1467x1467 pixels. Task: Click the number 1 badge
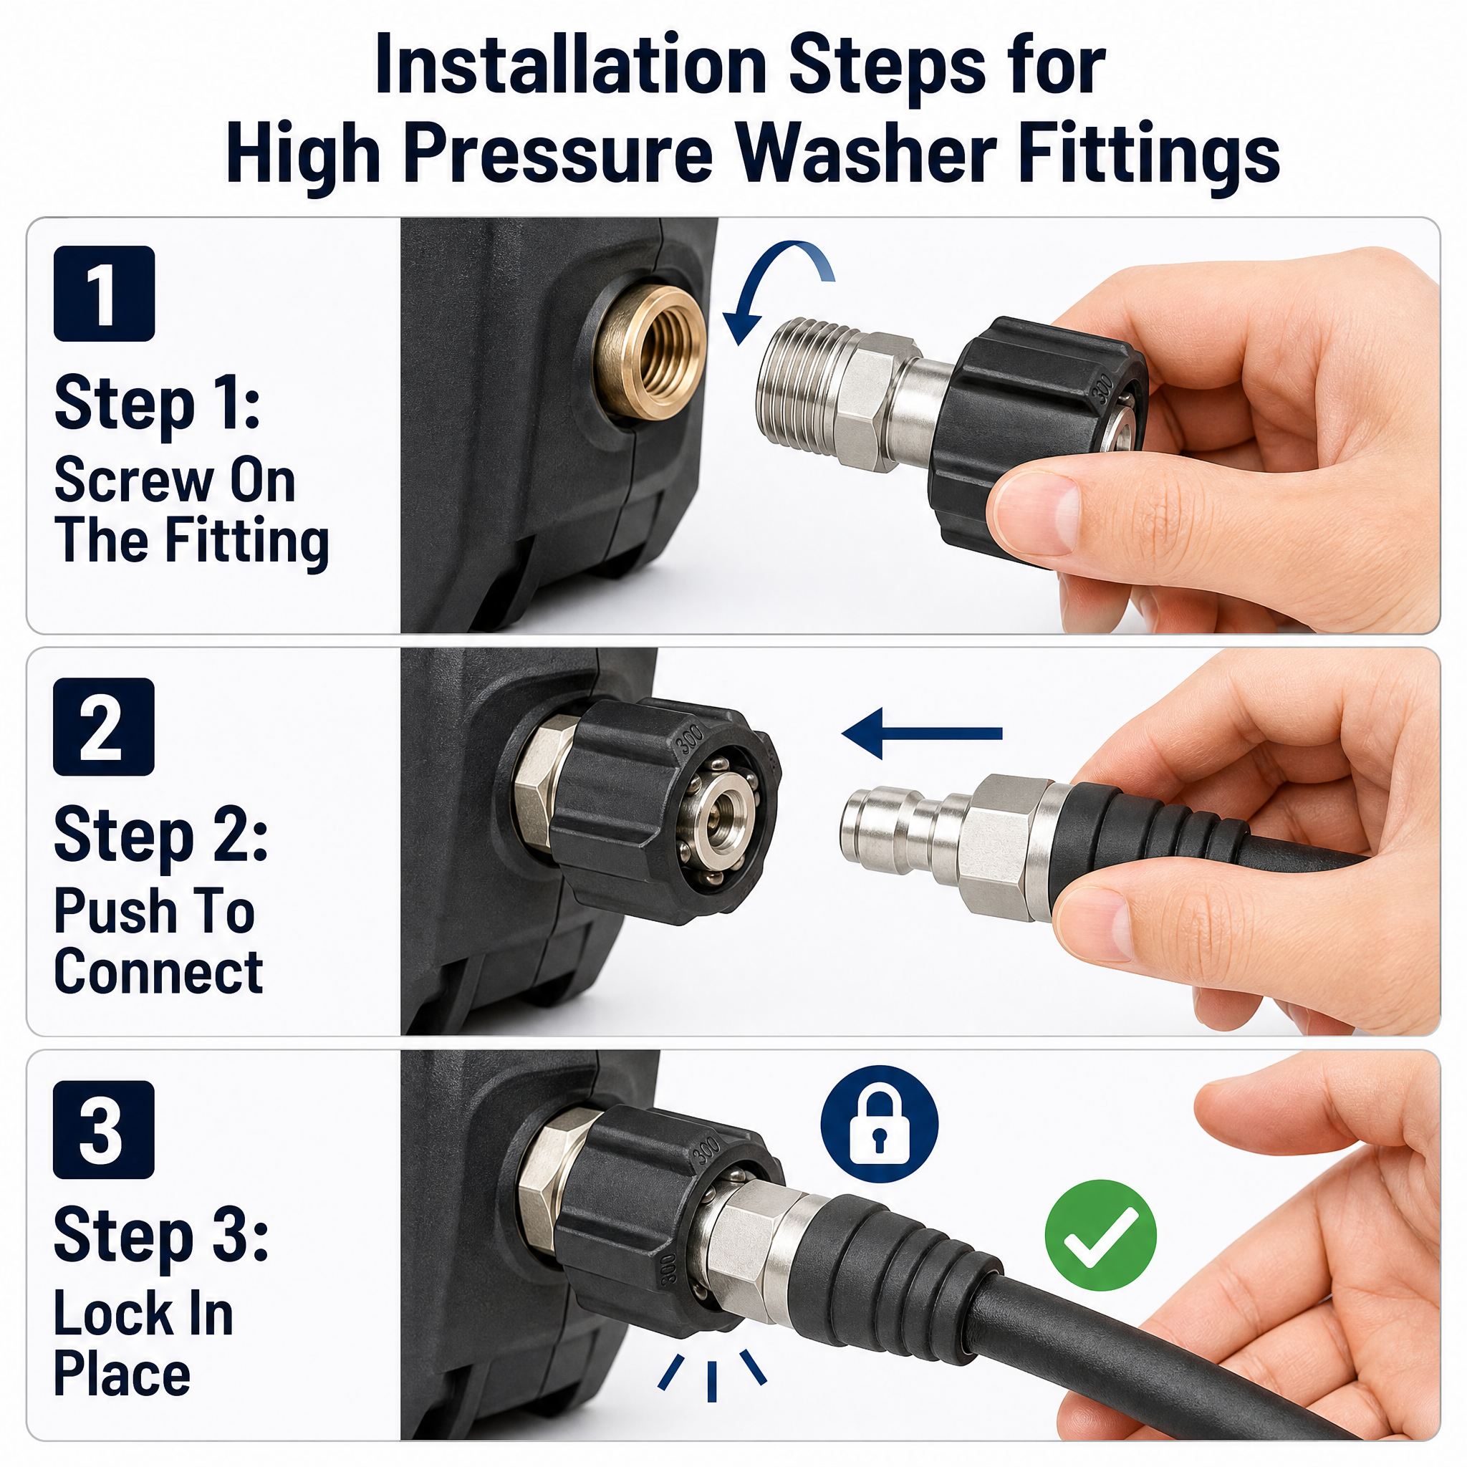tap(104, 293)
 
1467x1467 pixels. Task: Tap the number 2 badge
tap(104, 726)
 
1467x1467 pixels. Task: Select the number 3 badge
tap(104, 1130)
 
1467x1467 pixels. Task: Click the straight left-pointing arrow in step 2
tap(922, 733)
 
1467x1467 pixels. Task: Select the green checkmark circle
tap(1100, 1236)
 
